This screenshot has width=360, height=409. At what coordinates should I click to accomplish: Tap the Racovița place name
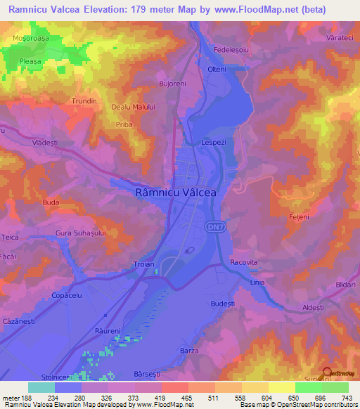[x=245, y=261]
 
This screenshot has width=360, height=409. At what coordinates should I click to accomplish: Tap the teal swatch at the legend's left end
[x=41, y=387]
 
